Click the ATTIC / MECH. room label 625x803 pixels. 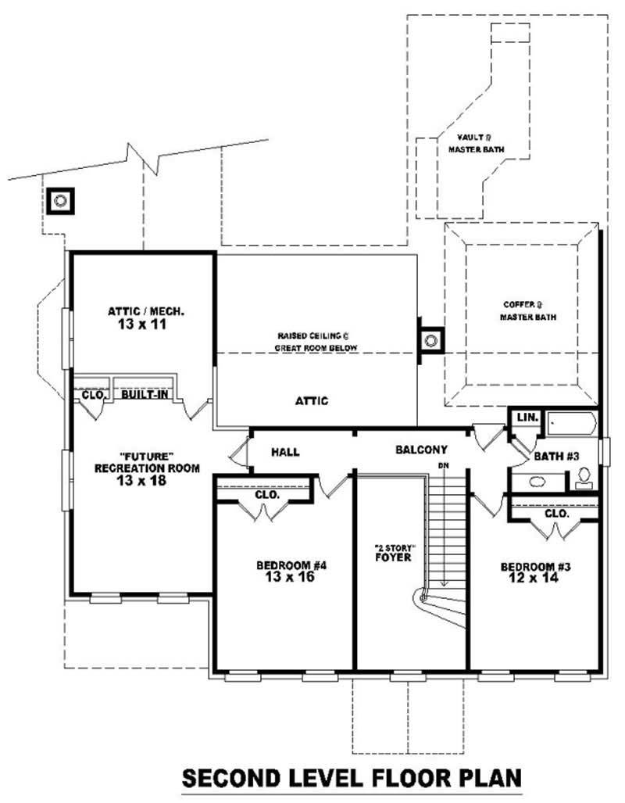146,311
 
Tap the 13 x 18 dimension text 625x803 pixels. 147,482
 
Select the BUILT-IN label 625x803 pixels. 142,396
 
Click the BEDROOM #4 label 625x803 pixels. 285,565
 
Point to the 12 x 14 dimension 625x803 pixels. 536,579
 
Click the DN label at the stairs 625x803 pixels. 443,467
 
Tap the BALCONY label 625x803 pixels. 421,450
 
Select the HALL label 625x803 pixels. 286,452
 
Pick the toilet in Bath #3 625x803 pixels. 584,479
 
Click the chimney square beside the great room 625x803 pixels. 430,340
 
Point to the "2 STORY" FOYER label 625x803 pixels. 392,574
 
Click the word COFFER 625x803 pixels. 517,305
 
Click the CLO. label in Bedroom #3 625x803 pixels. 555,514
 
